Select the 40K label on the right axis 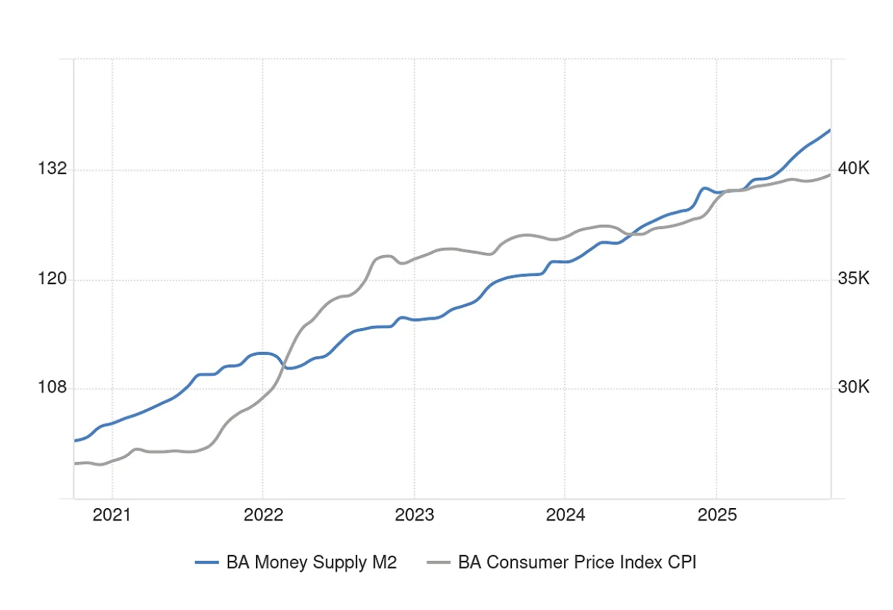853,169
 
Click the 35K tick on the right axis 853,279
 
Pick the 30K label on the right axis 853,388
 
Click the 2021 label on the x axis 112,515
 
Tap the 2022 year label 262,515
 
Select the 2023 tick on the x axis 414,515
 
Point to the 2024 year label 565,515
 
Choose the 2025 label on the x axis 716,515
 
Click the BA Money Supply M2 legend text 312,562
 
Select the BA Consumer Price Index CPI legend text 576,562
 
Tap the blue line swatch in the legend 207,562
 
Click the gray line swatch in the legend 438,562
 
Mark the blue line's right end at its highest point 830,130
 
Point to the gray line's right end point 830,175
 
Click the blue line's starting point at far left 74,440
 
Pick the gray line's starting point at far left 74,463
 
